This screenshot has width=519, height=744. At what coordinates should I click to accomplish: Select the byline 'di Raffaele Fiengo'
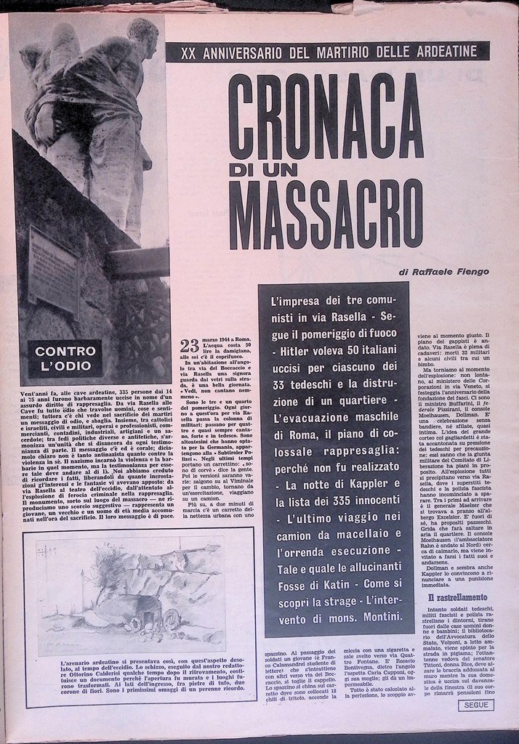point(443,271)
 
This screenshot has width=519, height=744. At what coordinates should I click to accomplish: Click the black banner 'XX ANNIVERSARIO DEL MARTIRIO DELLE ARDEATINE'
point(327,52)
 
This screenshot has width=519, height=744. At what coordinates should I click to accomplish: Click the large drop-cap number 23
point(189,345)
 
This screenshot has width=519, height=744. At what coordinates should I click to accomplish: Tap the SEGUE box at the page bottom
point(477,705)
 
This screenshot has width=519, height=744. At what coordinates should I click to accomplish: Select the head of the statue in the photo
point(143,36)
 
